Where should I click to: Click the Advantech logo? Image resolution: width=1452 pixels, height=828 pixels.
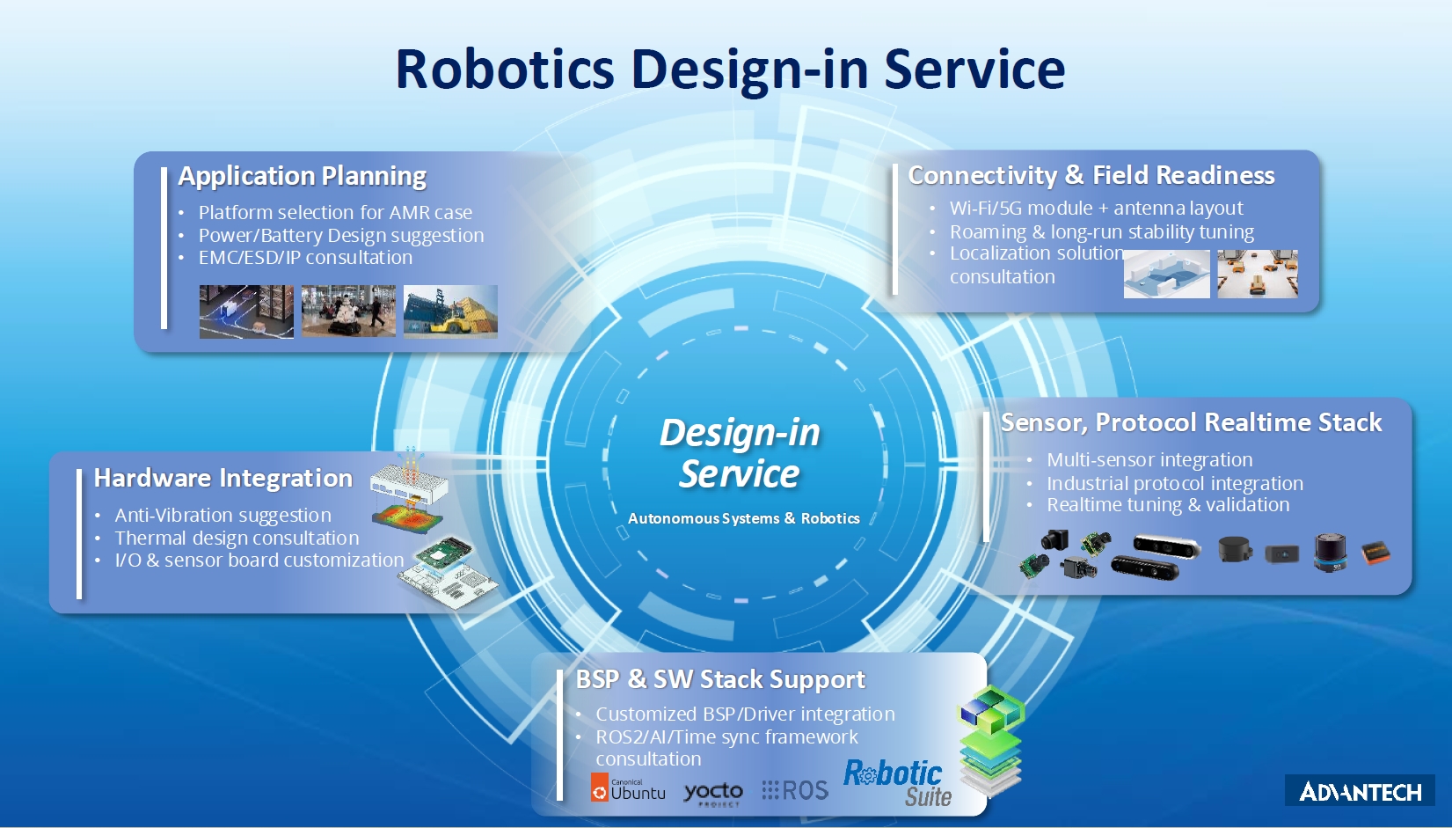[1360, 791]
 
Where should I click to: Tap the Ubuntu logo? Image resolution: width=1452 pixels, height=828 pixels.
[628, 788]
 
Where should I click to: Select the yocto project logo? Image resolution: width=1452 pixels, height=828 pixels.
[713, 793]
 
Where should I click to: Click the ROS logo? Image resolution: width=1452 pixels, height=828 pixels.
[795, 790]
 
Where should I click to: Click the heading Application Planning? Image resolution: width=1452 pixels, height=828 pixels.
[302, 176]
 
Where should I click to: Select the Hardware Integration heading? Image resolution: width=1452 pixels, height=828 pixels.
[223, 478]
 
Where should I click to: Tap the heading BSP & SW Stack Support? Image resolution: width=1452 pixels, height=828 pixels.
[719, 679]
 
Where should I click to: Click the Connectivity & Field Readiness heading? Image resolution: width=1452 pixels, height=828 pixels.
[1091, 175]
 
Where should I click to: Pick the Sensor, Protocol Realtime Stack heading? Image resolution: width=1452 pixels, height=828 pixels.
[1191, 422]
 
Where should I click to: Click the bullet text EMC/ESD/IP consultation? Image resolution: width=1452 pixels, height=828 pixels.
[304, 258]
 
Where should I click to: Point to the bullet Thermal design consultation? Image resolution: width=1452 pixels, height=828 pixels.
[237, 538]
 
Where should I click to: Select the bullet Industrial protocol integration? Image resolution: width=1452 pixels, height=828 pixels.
[1174, 483]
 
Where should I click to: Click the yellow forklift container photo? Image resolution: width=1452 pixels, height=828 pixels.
[450, 311]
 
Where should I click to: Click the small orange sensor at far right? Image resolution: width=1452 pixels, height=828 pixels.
[1375, 553]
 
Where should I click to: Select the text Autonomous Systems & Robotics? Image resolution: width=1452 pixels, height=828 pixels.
[743, 518]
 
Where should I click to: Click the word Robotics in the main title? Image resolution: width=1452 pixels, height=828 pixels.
[505, 70]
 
